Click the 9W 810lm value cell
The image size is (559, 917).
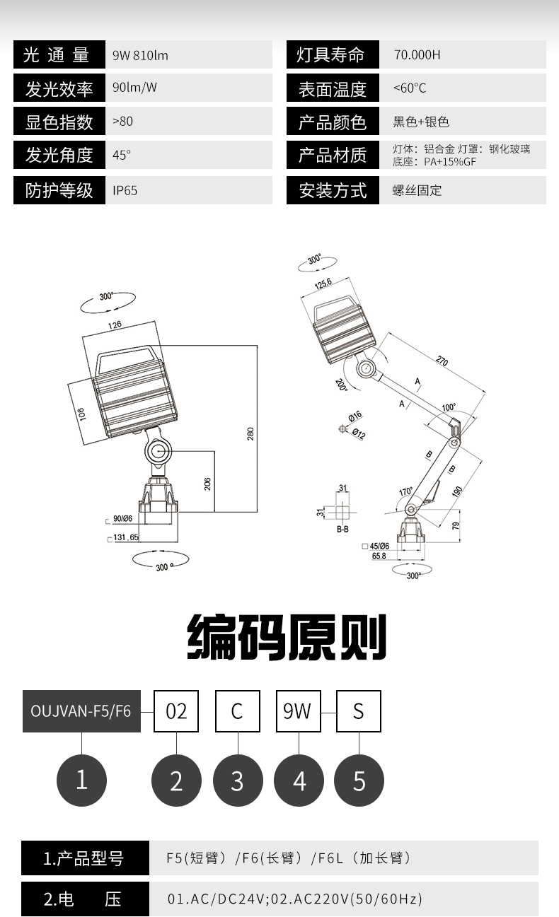[x=140, y=55]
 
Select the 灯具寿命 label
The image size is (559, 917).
[x=331, y=55]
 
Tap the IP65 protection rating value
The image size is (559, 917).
[x=125, y=191]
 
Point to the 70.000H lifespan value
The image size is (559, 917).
[x=417, y=55]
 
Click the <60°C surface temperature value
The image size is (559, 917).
[x=410, y=88]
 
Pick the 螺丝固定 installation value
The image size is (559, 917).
[x=417, y=191]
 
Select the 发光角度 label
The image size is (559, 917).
[x=59, y=156]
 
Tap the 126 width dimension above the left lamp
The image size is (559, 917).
[x=115, y=325]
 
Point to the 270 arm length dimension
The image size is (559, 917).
[x=442, y=361]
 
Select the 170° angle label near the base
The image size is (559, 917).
[x=405, y=492]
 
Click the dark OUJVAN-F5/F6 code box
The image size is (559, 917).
[x=81, y=711]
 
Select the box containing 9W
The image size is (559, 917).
[x=297, y=711]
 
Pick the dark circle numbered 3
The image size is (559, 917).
[x=237, y=781]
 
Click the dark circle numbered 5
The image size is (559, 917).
[x=359, y=781]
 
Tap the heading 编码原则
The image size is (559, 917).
[x=287, y=638]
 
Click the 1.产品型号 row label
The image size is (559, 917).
[x=84, y=858]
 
